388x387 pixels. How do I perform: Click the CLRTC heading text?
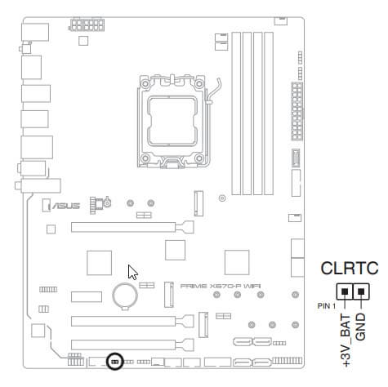click(350, 268)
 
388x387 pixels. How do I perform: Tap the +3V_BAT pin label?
click(346, 340)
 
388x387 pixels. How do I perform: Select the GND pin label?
click(360, 327)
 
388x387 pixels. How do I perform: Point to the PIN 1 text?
click(327, 306)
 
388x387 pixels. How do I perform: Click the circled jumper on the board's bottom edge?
click(114, 362)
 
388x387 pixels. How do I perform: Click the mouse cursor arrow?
click(132, 272)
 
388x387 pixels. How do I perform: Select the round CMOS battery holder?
click(125, 296)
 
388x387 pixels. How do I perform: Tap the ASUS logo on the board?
click(66, 206)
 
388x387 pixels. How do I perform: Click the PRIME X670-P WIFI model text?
click(221, 286)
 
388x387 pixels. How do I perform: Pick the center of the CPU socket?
click(173, 122)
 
